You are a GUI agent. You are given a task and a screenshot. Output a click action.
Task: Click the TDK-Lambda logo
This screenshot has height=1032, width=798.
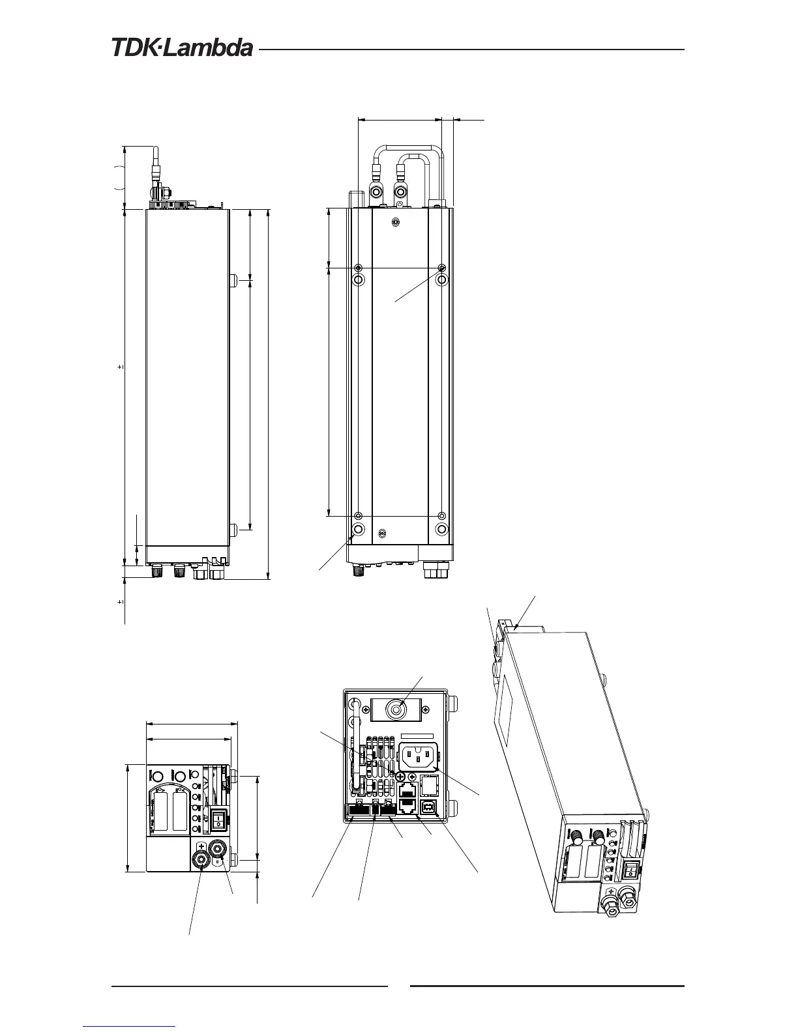click(182, 48)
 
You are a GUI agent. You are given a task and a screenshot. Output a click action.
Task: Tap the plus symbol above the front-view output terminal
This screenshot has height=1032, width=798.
click(201, 848)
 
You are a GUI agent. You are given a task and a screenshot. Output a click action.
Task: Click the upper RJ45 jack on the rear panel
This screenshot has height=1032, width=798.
click(406, 790)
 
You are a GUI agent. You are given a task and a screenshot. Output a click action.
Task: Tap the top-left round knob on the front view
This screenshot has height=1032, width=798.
click(156, 775)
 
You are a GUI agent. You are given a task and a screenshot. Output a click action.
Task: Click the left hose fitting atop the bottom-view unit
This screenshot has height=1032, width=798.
click(377, 192)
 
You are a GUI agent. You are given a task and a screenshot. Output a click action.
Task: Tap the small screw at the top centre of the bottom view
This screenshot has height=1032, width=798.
click(395, 222)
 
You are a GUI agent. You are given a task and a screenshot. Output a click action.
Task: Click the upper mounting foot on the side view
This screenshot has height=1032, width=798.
click(233, 281)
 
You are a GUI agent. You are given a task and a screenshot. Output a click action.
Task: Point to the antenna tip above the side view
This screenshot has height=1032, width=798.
click(156, 149)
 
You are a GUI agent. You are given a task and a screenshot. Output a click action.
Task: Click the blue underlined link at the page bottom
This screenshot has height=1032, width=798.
click(130, 1025)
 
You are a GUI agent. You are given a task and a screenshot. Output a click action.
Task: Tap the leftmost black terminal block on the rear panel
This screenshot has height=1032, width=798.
click(357, 810)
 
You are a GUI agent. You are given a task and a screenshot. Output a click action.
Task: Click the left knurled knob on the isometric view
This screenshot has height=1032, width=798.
click(576, 836)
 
